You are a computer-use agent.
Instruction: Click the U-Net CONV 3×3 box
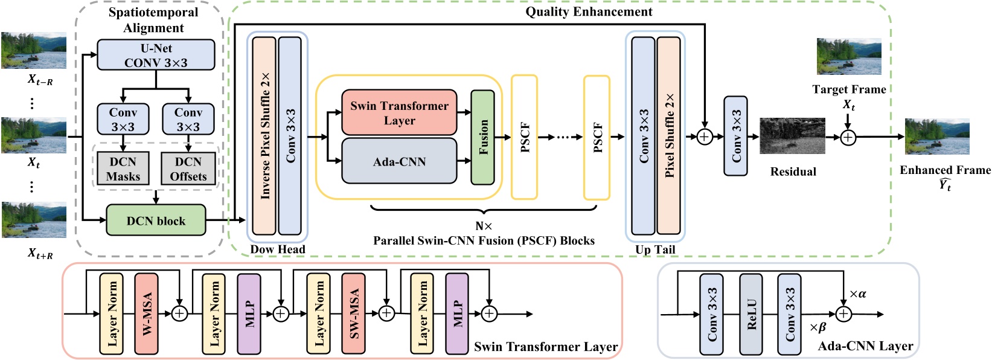click(x=156, y=55)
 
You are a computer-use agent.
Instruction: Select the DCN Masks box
click(x=123, y=169)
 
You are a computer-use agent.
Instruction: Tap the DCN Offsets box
click(x=188, y=169)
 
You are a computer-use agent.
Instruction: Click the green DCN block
click(x=156, y=220)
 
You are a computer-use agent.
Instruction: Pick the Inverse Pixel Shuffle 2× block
click(x=264, y=136)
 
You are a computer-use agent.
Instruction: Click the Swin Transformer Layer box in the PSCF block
click(x=399, y=113)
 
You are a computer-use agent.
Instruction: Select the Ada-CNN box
click(x=399, y=161)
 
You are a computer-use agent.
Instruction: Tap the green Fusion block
click(x=482, y=137)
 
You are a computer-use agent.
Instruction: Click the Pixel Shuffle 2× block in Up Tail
click(x=668, y=136)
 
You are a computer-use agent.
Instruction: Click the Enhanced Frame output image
click(x=937, y=137)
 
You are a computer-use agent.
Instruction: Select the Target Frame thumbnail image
click(x=849, y=56)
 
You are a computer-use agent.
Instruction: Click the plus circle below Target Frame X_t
click(x=848, y=138)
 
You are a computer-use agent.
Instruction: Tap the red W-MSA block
click(x=146, y=313)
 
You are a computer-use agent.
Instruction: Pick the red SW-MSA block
click(x=353, y=313)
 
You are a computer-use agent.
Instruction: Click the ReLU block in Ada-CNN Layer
click(x=751, y=314)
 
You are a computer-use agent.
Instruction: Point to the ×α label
click(x=858, y=294)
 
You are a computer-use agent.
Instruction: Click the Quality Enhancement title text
click(x=589, y=11)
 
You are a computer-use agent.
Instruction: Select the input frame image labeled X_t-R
click(x=34, y=50)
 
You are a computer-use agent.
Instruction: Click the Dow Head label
click(x=278, y=249)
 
